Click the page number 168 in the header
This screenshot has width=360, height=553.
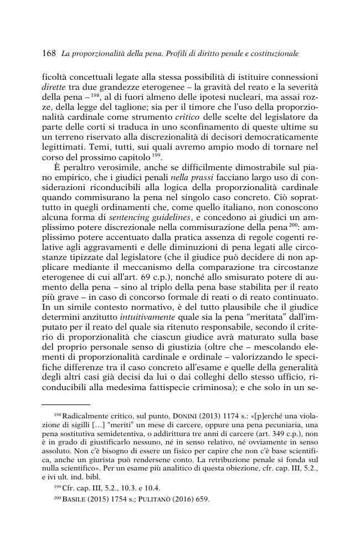pyautogui.click(x=49, y=54)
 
